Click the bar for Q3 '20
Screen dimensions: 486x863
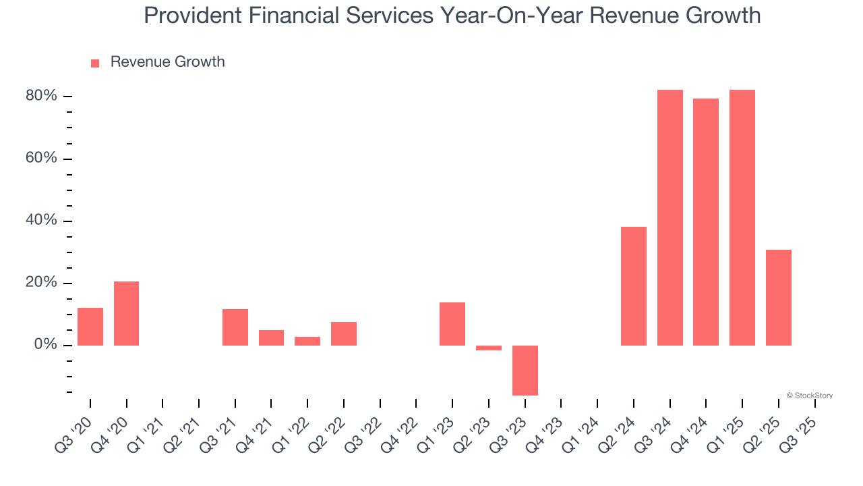pyautogui.click(x=90, y=327)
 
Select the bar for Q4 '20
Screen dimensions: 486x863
pyautogui.click(x=126, y=313)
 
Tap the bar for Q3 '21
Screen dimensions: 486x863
pyautogui.click(x=235, y=327)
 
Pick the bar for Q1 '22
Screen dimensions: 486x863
pyautogui.click(x=307, y=341)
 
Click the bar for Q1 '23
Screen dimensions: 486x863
pyautogui.click(x=452, y=324)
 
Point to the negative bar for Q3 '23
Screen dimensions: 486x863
pyautogui.click(x=525, y=370)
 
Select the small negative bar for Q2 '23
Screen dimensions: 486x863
pyautogui.click(x=489, y=348)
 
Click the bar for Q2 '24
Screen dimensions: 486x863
pyautogui.click(x=634, y=286)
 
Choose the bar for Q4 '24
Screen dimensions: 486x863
pyautogui.click(x=706, y=222)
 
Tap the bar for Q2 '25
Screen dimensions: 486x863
pyautogui.click(x=779, y=298)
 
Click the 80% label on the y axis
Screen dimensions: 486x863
pyautogui.click(x=41, y=96)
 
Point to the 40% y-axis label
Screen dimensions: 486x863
pyautogui.click(x=41, y=221)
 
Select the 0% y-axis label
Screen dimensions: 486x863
pyautogui.click(x=45, y=345)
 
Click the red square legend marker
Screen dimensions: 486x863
pyautogui.click(x=95, y=63)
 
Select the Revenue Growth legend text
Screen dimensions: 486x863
pyautogui.click(x=167, y=62)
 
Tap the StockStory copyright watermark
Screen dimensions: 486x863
pyautogui.click(x=809, y=396)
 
